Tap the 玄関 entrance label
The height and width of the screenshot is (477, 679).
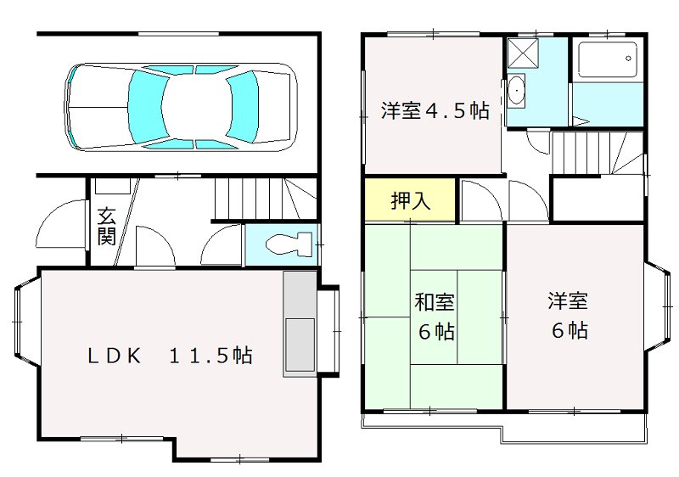point(106,226)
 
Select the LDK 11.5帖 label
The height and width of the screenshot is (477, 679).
point(170,356)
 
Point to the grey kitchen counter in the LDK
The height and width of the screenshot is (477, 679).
point(300,323)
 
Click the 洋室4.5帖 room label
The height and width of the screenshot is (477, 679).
point(435,111)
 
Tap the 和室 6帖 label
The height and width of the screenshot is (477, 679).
point(435,316)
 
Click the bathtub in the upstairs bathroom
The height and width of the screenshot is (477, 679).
point(606,60)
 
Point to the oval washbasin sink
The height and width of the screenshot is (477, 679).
point(516,88)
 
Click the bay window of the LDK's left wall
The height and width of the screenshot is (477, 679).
point(25,323)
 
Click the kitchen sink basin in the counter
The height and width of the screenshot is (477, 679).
point(299,345)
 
